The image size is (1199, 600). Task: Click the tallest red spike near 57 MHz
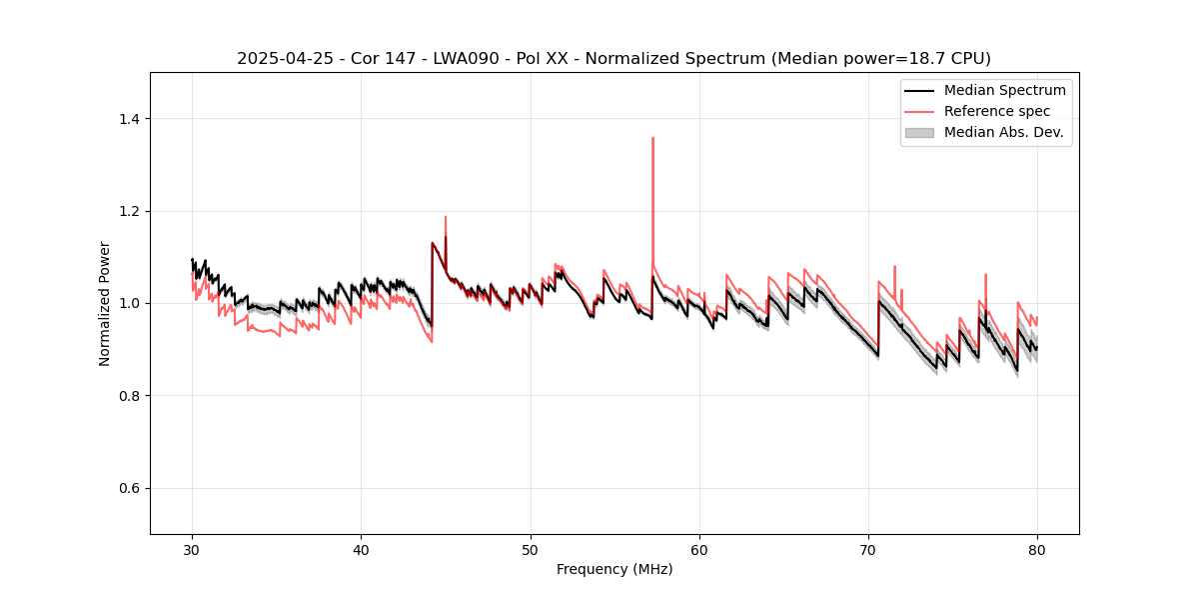click(652, 138)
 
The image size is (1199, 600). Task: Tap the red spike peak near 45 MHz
click(446, 217)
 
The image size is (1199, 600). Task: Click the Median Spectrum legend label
click(1004, 90)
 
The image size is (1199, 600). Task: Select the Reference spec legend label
click(997, 111)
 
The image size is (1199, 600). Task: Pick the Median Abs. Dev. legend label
click(1003, 132)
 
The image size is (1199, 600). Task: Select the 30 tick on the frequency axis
click(193, 550)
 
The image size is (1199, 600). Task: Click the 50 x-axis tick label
click(531, 550)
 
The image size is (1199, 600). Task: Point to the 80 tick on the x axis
click(1037, 550)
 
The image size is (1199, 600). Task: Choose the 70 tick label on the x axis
click(868, 550)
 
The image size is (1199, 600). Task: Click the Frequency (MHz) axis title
click(614, 569)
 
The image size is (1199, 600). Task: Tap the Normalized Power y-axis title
click(105, 303)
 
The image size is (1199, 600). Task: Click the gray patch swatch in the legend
click(919, 132)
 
